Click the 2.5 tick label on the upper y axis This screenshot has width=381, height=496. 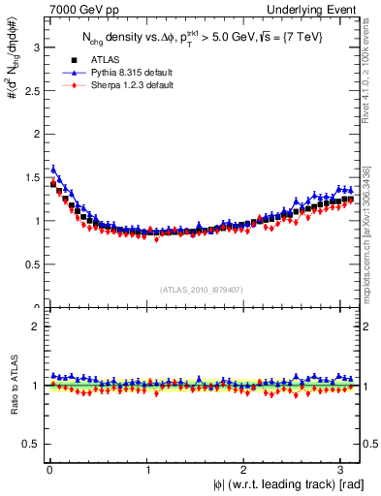[29, 89]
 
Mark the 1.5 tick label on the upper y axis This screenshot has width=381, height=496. [29, 176]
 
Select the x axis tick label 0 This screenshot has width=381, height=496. [48, 469]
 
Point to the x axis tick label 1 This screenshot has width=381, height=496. [146, 469]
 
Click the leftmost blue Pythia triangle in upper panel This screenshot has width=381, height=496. [53, 169]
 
